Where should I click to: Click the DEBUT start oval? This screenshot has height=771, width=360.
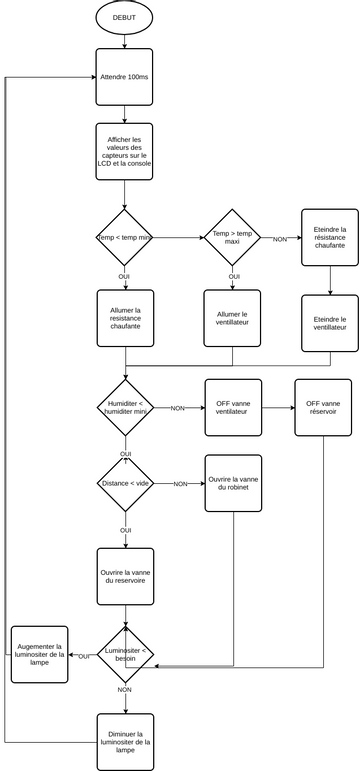pyautogui.click(x=125, y=18)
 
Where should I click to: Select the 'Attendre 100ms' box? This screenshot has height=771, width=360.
pyautogui.click(x=125, y=77)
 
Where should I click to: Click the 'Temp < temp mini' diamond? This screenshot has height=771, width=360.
pyautogui.click(x=125, y=238)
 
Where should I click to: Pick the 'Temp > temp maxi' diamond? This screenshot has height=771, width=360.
pyautogui.click(x=233, y=238)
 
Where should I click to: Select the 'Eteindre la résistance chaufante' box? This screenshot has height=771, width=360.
pyautogui.click(x=329, y=238)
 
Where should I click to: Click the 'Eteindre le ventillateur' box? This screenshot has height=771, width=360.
pyautogui.click(x=329, y=322)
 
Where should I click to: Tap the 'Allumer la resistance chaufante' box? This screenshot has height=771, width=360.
pyautogui.click(x=125, y=318)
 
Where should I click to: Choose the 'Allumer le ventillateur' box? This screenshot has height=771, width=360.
pyautogui.click(x=232, y=318)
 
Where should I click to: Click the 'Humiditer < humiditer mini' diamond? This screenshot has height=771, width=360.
pyautogui.click(x=125, y=407)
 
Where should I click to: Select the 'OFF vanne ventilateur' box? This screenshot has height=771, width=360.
pyautogui.click(x=232, y=407)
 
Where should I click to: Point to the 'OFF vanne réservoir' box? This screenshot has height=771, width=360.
pyautogui.click(x=322, y=407)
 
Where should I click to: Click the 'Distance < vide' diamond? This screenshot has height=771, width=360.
pyautogui.click(x=125, y=484)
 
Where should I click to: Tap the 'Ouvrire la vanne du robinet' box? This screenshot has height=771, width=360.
pyautogui.click(x=232, y=483)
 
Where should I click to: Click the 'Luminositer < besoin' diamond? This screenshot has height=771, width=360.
pyautogui.click(x=125, y=656)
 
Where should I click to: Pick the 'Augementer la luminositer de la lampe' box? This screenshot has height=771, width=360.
pyautogui.click(x=39, y=655)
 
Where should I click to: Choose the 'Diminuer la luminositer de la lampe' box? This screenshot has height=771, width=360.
pyautogui.click(x=125, y=741)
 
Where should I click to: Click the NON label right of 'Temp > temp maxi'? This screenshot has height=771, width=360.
pyautogui.click(x=280, y=239)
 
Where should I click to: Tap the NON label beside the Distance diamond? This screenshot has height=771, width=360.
pyautogui.click(x=180, y=484)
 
